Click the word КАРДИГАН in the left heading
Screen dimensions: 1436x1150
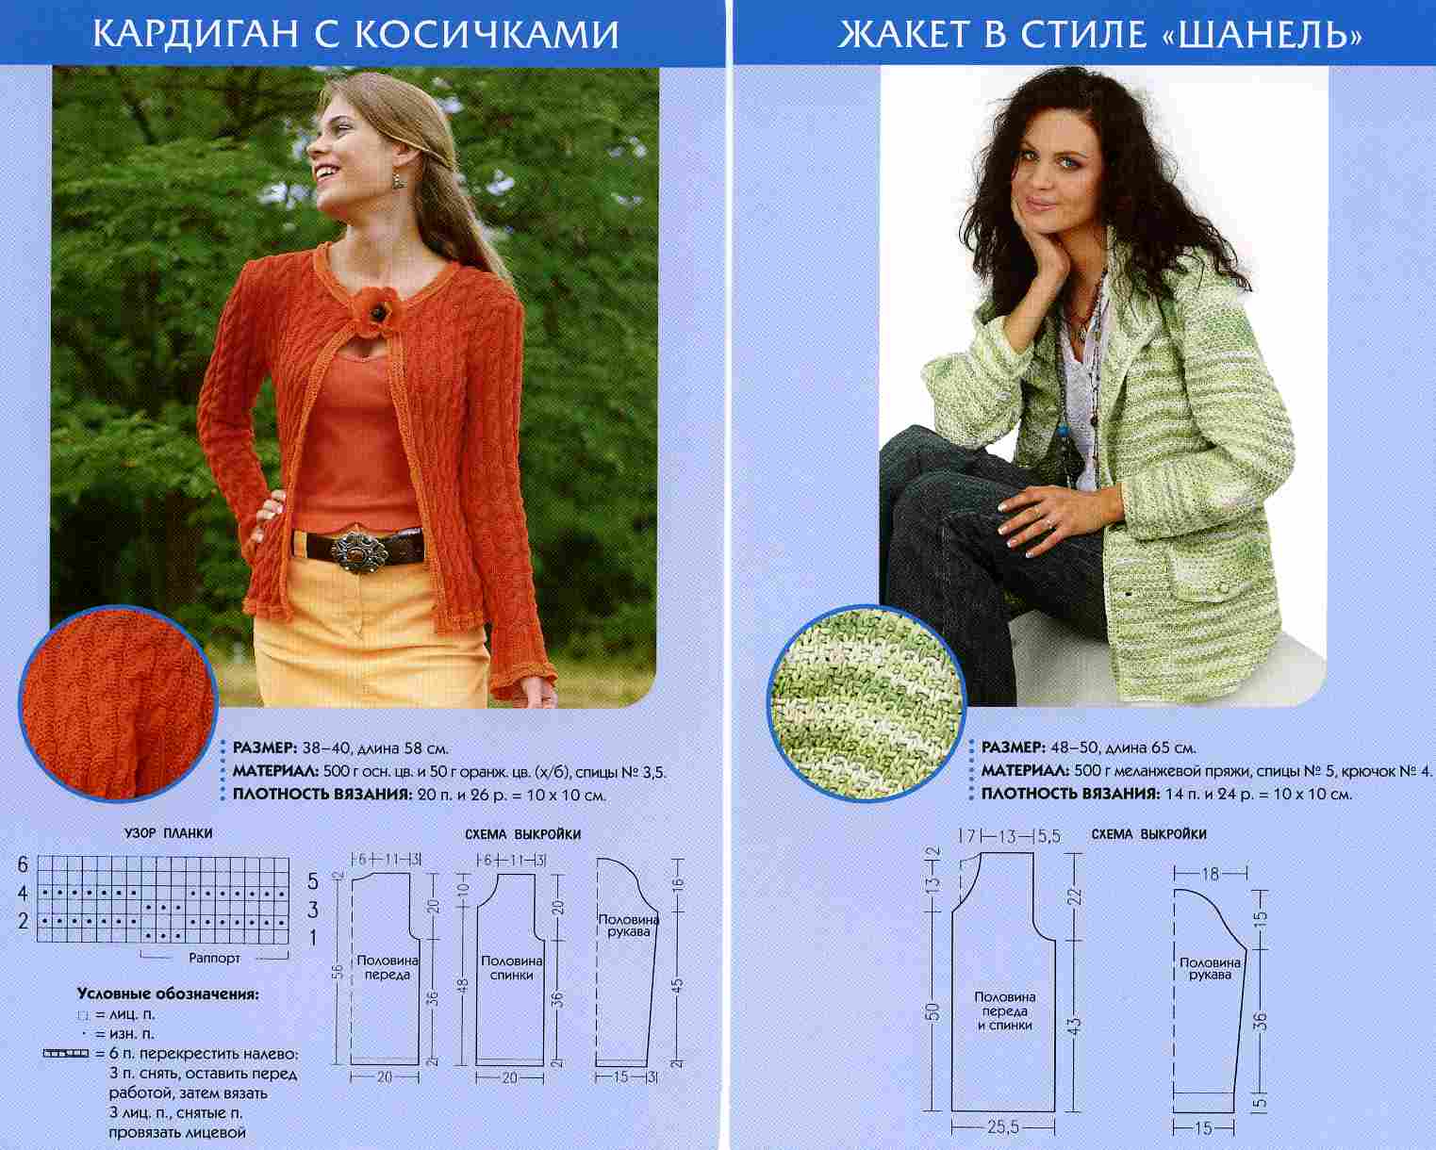tap(197, 34)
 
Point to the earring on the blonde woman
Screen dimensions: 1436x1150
tap(400, 179)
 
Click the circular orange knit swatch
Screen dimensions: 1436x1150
tap(119, 703)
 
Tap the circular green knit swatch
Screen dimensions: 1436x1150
tap(867, 703)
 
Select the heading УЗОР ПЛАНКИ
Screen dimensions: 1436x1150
tap(168, 833)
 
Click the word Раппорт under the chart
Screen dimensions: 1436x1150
tap(214, 958)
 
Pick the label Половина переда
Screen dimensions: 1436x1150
tap(388, 967)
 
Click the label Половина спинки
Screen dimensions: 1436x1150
tap(512, 967)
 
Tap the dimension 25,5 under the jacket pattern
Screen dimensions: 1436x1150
tap(1003, 1127)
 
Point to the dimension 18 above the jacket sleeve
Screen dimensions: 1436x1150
tap(1211, 873)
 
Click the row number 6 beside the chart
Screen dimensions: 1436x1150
tap(24, 864)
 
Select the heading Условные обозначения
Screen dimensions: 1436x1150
tap(168, 994)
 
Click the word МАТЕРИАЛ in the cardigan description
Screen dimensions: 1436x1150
tap(275, 772)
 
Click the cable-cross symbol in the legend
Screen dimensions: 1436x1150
tap(65, 1053)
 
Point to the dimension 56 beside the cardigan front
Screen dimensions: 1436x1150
tap(338, 972)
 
